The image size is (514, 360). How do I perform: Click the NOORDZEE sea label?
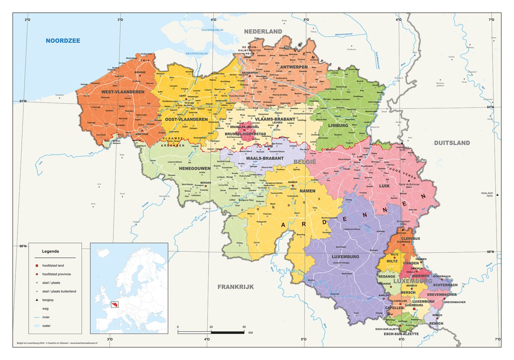coord(63,40)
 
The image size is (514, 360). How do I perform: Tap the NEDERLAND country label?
coord(263,32)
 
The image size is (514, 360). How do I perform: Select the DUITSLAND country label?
coord(452,143)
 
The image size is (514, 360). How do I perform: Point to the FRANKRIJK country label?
coord(235,287)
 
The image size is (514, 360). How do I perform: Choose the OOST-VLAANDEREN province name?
coord(186,119)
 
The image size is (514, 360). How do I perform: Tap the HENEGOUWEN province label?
coord(195,168)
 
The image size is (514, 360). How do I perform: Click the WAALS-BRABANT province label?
coord(265,158)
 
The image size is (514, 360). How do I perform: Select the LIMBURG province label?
coord(338,125)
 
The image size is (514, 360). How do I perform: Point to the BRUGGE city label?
coord(140,72)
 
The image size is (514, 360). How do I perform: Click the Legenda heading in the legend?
coord(50,251)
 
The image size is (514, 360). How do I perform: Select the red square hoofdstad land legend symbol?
coord(37,265)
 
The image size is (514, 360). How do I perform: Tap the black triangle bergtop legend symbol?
coord(37,300)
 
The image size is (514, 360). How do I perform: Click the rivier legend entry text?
coord(46,317)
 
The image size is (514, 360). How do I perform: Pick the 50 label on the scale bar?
coord(244,327)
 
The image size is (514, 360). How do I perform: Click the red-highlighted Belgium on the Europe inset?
coord(115,304)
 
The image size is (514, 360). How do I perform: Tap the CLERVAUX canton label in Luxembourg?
coord(411,239)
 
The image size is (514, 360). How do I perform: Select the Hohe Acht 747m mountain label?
coord(487,194)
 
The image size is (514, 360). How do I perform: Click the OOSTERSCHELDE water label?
coord(212,30)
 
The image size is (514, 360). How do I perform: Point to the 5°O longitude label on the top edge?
coord(306,20)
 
